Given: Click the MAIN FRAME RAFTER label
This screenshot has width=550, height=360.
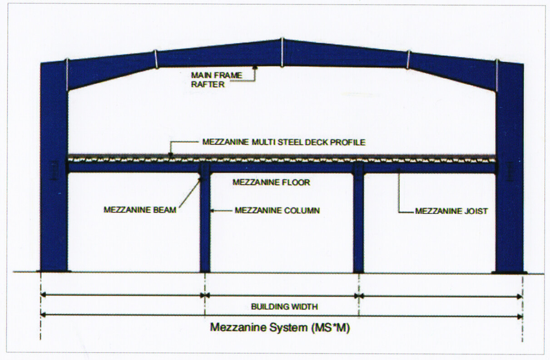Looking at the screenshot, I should (217, 79).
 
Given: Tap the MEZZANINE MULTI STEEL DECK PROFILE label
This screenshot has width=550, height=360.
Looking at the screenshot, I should (284, 142).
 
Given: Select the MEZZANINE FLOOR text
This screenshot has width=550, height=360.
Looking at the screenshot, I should (271, 182).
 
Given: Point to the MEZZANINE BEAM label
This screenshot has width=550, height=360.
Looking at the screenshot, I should (140, 210).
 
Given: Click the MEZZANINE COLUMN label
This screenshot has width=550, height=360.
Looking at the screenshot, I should (277, 210).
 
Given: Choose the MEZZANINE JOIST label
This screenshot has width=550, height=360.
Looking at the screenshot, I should (451, 211).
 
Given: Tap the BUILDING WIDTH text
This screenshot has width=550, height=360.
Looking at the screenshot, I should (284, 306).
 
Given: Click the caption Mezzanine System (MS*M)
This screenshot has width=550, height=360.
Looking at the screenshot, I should (280, 327).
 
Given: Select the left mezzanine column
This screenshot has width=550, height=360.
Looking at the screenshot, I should (205, 222).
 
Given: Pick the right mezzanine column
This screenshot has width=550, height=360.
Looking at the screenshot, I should (358, 222).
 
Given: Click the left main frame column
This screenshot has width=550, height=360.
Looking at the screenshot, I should (54, 182).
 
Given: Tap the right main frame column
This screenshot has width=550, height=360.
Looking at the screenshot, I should (510, 182).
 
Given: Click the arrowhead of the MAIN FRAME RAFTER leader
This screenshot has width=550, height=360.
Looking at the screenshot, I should (255, 67).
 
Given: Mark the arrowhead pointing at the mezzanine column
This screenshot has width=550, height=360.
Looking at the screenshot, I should (213, 210).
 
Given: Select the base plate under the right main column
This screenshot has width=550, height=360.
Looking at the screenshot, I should (509, 272).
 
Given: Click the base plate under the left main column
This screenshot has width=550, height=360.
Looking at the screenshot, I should (54, 272).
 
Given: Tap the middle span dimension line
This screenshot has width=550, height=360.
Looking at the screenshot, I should (282, 295).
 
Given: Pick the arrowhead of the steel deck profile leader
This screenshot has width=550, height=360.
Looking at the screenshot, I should (171, 154).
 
